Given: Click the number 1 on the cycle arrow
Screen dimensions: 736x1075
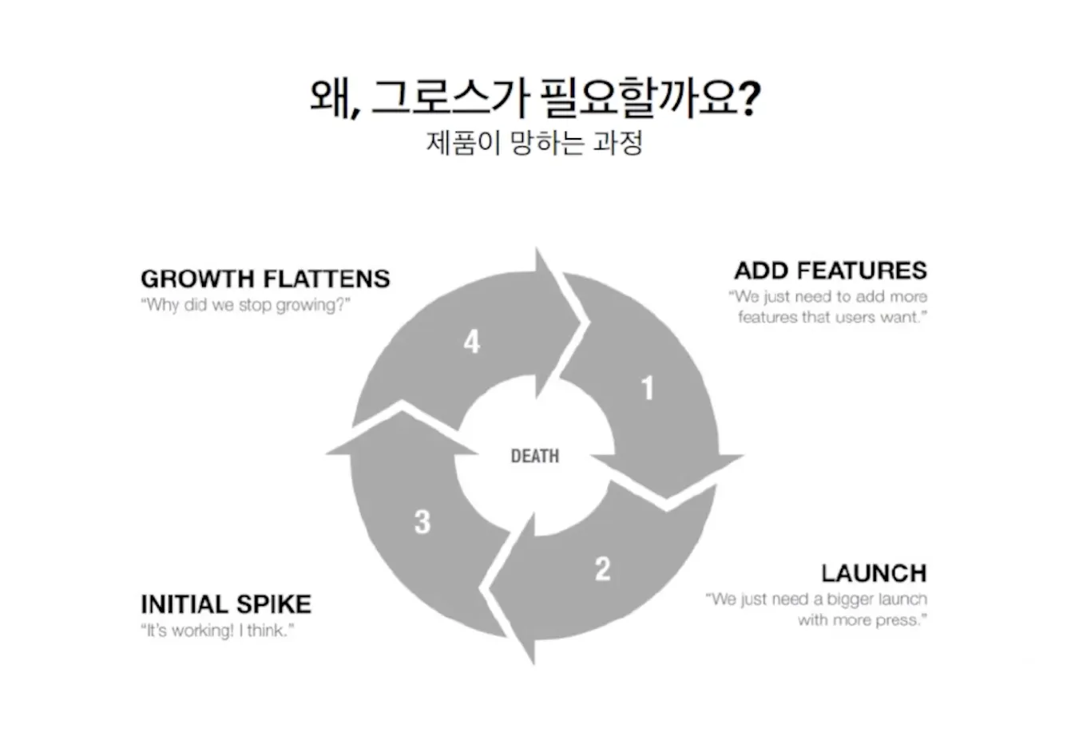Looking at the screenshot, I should tap(648, 389).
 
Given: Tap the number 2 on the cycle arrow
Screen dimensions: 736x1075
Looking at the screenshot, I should tap(603, 568).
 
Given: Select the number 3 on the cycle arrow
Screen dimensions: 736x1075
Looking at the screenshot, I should tap(422, 522).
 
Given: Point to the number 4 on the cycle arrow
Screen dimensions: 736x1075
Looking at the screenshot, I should tap(472, 342).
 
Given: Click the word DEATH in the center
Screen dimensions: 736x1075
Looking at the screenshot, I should tap(535, 457).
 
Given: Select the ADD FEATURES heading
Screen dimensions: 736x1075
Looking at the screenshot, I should tap(831, 271).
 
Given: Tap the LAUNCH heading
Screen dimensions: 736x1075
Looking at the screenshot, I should tap(874, 573).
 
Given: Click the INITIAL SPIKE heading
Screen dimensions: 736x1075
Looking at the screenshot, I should tap(226, 604).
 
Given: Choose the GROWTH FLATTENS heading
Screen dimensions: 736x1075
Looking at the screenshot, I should tap(265, 279).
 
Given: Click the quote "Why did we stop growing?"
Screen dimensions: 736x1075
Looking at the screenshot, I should tap(245, 305).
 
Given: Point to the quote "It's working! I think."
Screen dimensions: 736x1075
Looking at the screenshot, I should tap(217, 631).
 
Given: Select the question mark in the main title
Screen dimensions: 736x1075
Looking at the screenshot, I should tap(749, 100).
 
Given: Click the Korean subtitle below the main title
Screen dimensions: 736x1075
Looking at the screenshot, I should tap(534, 144).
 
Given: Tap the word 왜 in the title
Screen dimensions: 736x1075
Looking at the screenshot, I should tap(330, 98).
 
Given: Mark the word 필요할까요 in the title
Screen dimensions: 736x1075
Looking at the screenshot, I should tap(638, 98).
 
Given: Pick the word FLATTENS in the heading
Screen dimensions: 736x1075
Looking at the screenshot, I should tap(327, 279).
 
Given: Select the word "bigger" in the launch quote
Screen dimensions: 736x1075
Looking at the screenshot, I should tap(850, 599).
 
